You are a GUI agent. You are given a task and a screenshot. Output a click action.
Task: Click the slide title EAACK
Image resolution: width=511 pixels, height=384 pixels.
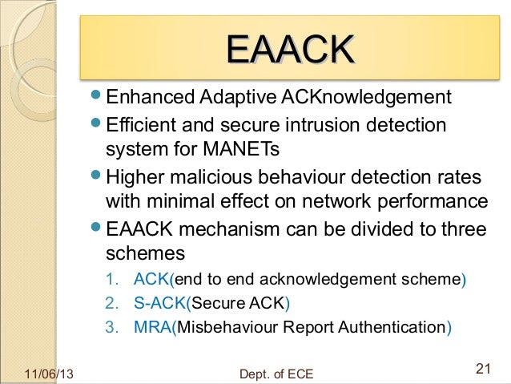click(289, 50)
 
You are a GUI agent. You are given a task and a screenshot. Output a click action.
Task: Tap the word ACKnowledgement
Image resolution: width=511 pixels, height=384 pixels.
click(367, 99)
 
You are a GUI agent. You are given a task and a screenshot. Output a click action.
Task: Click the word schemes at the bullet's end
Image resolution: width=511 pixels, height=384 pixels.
click(145, 253)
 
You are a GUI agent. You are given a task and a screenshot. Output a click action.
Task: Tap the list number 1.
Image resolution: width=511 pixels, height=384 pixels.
click(111, 280)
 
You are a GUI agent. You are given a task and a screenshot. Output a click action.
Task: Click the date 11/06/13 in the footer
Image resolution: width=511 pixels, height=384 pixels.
click(46, 374)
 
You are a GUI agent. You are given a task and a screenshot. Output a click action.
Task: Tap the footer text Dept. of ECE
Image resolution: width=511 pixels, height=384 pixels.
click(276, 374)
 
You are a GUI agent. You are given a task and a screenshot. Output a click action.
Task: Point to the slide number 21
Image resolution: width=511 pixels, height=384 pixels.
click(482, 369)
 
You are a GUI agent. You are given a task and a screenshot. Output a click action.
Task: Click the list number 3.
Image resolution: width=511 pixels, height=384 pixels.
click(111, 327)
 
